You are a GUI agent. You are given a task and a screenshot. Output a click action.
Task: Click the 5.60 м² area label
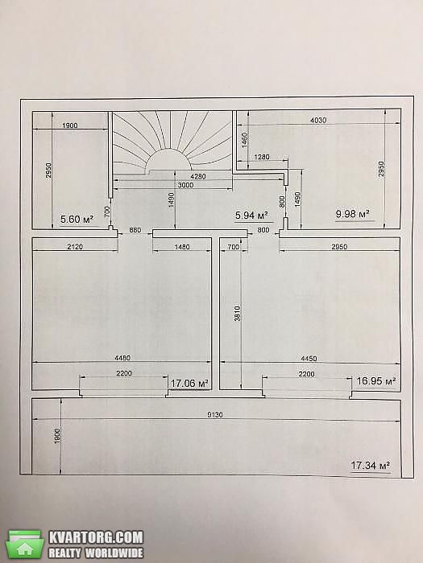(x=77, y=219)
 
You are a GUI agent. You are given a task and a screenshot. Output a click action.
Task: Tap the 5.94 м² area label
(x=251, y=216)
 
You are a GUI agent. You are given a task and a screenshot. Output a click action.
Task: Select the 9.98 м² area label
(x=353, y=214)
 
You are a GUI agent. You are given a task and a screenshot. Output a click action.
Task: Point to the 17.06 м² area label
(x=189, y=384)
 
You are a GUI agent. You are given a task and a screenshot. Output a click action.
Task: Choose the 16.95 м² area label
(x=376, y=380)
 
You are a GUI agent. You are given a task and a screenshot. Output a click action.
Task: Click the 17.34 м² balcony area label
(x=371, y=466)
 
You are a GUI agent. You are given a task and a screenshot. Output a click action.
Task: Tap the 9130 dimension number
(x=215, y=415)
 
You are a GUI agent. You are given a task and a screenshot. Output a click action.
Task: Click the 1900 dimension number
(x=70, y=125)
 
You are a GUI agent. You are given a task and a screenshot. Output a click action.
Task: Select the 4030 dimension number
(x=318, y=120)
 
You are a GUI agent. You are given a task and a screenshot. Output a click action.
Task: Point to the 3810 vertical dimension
(x=237, y=313)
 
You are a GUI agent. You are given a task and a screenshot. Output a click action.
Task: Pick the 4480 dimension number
(x=122, y=358)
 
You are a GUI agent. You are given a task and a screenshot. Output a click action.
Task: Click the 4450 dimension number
(x=309, y=359)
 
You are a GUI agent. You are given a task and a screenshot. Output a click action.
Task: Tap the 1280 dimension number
(x=262, y=157)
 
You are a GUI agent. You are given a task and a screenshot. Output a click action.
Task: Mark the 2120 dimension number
(x=75, y=247)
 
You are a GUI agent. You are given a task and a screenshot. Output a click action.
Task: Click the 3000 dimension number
(x=185, y=185)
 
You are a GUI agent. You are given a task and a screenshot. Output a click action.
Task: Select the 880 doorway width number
(x=135, y=230)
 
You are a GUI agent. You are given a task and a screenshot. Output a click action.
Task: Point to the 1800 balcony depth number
(x=57, y=436)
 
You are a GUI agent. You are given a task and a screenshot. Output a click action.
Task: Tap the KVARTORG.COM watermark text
(x=96, y=537)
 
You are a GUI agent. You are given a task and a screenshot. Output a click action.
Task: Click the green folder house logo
(x=25, y=545)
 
